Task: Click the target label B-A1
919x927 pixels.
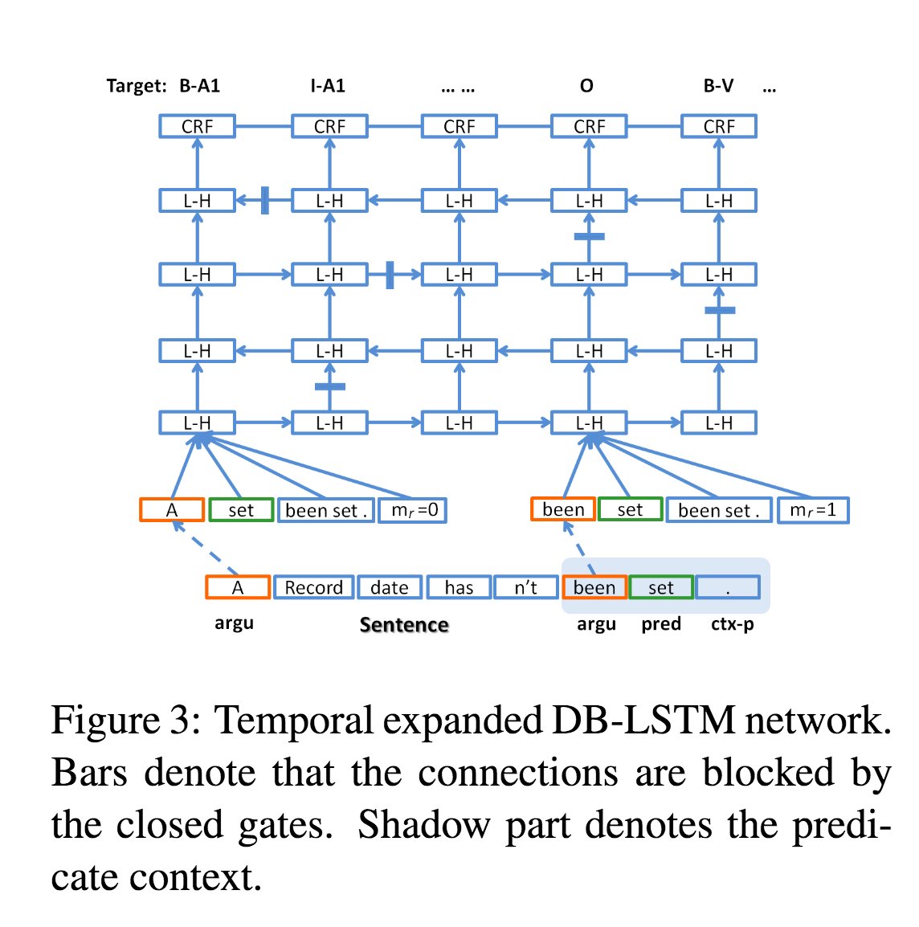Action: (x=199, y=86)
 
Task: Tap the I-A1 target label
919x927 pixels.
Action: (x=328, y=86)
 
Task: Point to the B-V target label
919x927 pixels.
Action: (x=718, y=86)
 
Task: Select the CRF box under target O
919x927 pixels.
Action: (x=589, y=126)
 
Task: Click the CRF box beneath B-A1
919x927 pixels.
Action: (x=197, y=126)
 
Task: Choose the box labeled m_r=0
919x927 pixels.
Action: (x=414, y=510)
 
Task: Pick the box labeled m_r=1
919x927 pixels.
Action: (x=812, y=510)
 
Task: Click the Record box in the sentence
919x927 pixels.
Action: (x=313, y=587)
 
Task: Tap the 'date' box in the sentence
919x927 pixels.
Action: (x=390, y=587)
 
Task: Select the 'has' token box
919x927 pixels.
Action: (x=459, y=587)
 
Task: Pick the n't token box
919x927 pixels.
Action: (x=526, y=587)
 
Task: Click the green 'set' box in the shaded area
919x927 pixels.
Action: (x=661, y=587)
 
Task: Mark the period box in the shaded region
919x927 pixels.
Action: (x=728, y=587)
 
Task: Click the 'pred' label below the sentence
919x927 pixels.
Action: (x=661, y=624)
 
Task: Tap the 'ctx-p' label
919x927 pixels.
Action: (x=732, y=624)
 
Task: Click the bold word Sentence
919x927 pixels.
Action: (x=404, y=625)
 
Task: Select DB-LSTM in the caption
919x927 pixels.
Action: (x=643, y=720)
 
